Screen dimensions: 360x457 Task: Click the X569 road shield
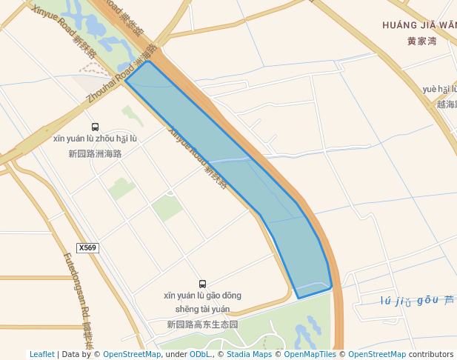(87, 248)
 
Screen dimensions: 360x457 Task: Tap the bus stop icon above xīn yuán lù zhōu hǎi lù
(95, 127)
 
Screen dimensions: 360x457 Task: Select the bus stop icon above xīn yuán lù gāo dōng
(202, 284)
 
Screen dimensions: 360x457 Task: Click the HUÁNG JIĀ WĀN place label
(419, 25)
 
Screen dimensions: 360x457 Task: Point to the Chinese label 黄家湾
(421, 41)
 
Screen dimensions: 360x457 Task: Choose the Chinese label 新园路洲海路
(95, 154)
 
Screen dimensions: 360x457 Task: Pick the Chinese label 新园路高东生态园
(202, 324)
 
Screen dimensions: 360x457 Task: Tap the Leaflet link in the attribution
(41, 354)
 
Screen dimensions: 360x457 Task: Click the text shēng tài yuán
(202, 309)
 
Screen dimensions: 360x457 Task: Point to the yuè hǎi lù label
(439, 90)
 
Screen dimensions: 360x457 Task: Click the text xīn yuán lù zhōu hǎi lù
(95, 139)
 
